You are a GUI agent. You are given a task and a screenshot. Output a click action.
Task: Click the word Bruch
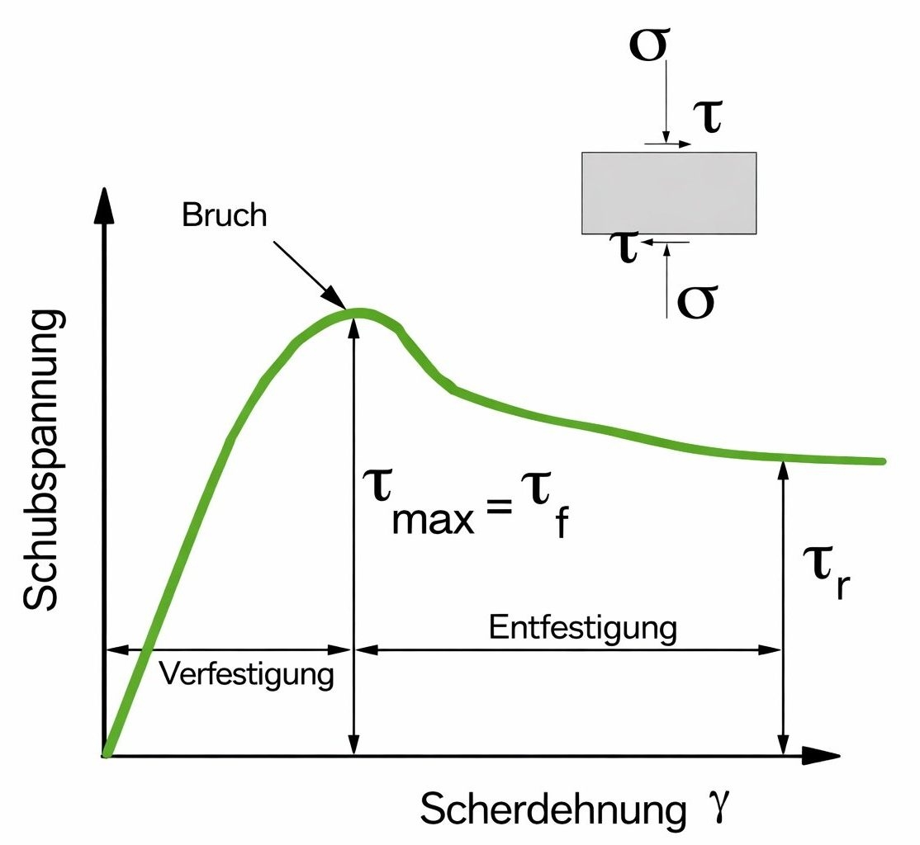[225, 215]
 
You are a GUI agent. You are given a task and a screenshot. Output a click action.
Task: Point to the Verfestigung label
[246, 674]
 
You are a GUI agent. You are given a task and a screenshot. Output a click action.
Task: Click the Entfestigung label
[583, 627]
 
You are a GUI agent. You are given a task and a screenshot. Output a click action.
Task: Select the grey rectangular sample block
[669, 192]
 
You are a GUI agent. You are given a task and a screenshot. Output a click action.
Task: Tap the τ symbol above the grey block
[707, 119]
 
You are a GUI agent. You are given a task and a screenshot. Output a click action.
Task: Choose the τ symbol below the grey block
[625, 246]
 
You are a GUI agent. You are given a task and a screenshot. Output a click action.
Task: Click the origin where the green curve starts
[107, 753]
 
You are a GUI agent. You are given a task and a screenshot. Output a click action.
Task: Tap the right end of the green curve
[882, 460]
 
